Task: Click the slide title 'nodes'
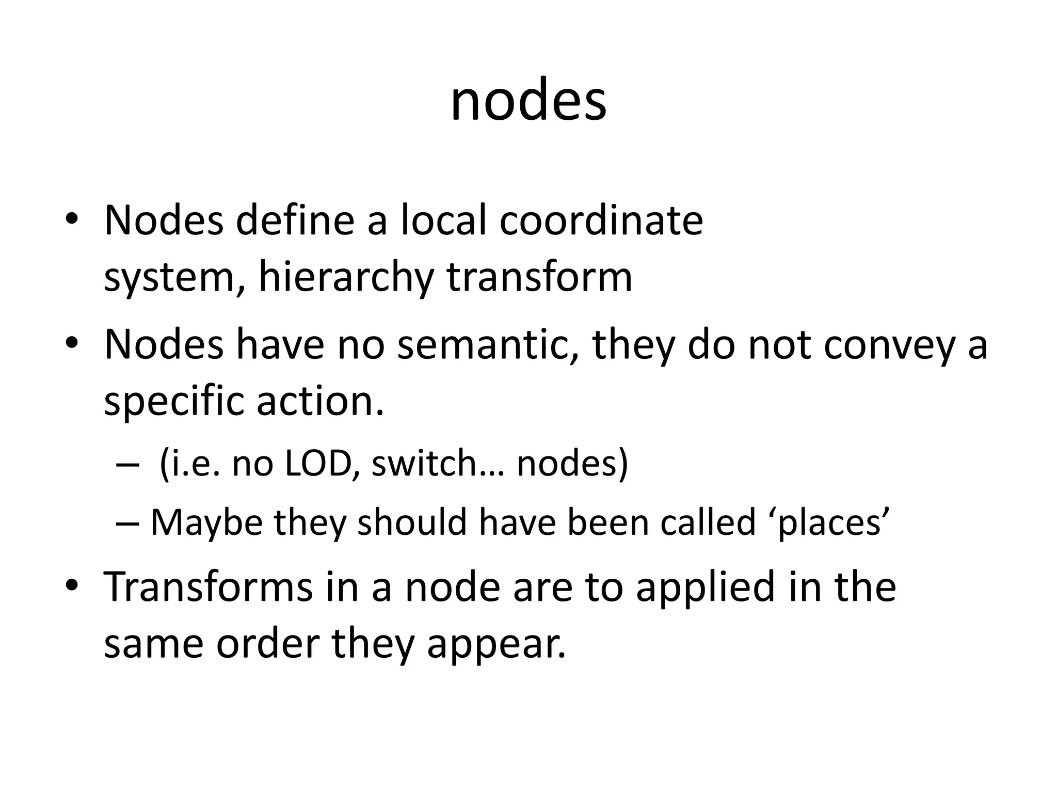[x=528, y=102]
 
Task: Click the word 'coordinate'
[x=601, y=221]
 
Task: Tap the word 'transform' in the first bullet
[x=539, y=278]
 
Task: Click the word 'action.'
[x=321, y=402]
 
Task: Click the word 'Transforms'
[x=209, y=587]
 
